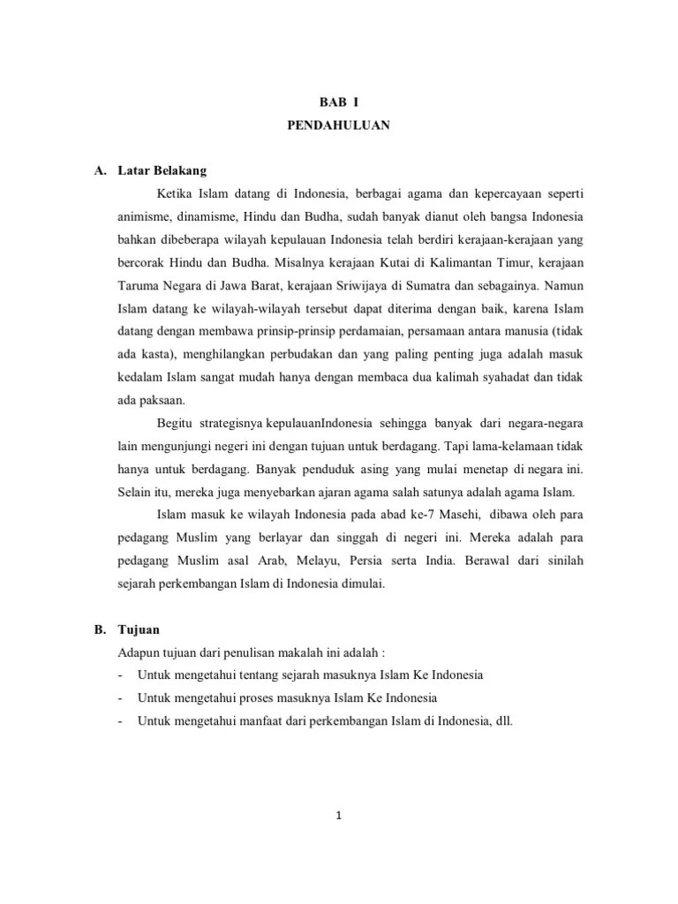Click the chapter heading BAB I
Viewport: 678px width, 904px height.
339,102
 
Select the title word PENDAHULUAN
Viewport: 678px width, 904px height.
339,125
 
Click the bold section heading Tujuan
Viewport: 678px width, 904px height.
137,629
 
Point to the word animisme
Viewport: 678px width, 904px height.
147,216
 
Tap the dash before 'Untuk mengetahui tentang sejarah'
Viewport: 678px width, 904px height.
120,674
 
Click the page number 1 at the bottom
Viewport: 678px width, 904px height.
339,815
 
